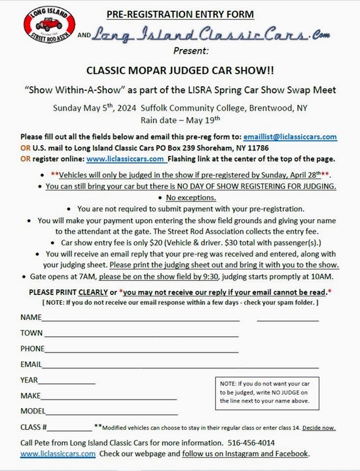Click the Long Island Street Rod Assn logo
tap(48, 27)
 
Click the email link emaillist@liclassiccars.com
tap(289, 137)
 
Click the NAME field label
tap(31, 317)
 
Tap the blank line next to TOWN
tap(141, 334)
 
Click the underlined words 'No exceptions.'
tap(190, 198)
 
